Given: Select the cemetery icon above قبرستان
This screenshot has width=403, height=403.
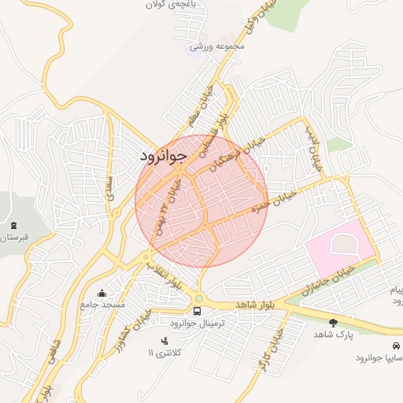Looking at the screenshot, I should click(x=13, y=226).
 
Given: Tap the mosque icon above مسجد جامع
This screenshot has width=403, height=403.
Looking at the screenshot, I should click(x=102, y=294).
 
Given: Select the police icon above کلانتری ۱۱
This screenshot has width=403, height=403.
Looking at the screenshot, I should click(x=165, y=341).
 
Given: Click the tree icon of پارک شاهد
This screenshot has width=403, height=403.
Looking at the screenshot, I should click(x=333, y=323).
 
